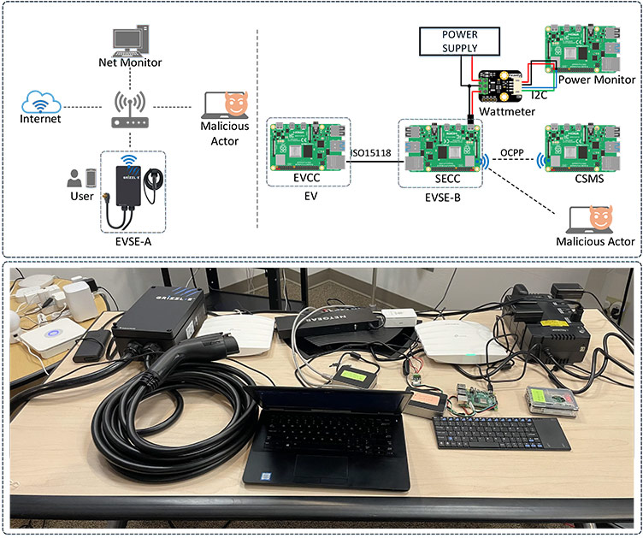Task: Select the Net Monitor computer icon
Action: pos(130,40)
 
